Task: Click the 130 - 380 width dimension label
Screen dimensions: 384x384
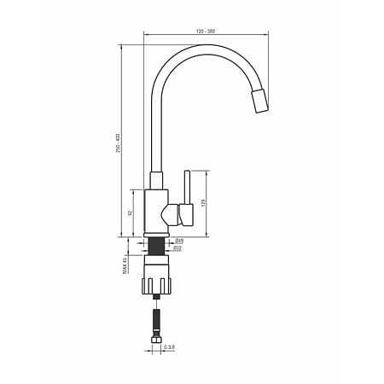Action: (x=206, y=32)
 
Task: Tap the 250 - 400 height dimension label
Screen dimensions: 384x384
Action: (x=119, y=143)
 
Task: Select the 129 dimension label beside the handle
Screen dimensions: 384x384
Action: (x=203, y=203)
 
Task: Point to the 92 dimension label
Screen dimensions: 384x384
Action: (x=131, y=212)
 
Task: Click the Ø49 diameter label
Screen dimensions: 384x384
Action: (x=179, y=241)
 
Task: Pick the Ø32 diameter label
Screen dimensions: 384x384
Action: (x=177, y=248)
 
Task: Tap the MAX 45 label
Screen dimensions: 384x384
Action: (x=125, y=266)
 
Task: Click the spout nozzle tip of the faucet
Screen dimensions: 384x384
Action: (x=259, y=102)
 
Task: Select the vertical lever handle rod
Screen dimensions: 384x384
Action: (x=187, y=188)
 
